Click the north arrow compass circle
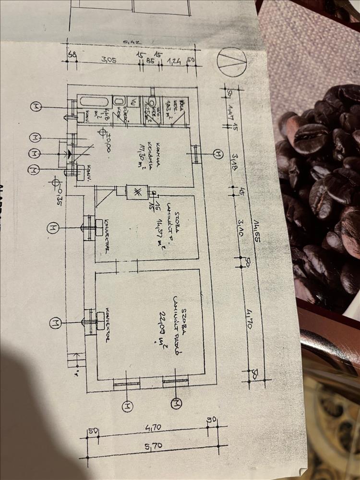[x=232, y=62]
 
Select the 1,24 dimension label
[x=172, y=61]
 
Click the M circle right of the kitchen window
[x=218, y=154]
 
